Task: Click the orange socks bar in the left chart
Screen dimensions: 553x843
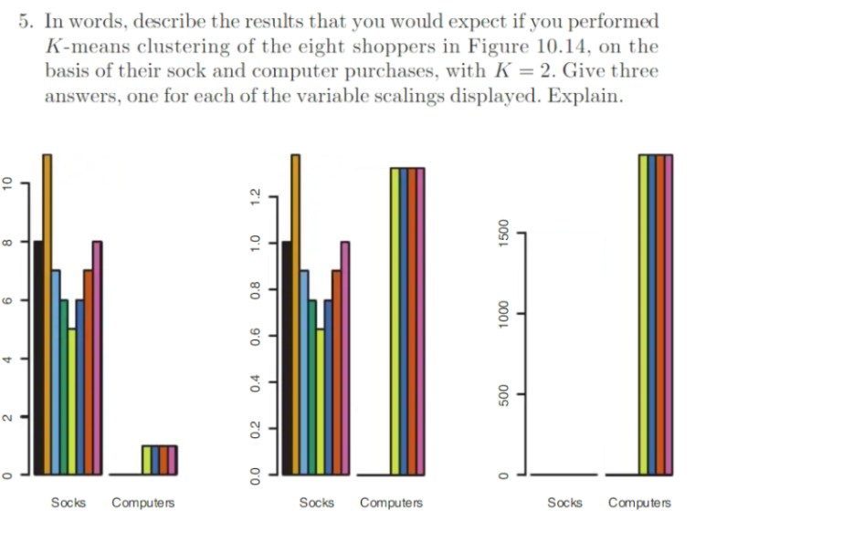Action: [47, 315]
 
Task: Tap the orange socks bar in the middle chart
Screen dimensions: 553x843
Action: [296, 315]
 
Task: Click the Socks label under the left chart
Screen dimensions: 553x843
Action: [68, 503]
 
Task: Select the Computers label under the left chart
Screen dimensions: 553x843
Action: [142, 503]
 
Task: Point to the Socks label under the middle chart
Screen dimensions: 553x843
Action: [316, 503]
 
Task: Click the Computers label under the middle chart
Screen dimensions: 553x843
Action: [391, 503]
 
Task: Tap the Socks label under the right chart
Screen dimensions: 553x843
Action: [564, 503]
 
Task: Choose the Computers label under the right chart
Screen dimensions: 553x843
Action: [639, 503]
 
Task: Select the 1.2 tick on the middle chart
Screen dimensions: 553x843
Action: [257, 196]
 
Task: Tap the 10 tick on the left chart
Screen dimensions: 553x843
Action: [7, 183]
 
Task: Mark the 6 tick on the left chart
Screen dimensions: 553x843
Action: [7, 299]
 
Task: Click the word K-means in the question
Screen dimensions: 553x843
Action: [82, 47]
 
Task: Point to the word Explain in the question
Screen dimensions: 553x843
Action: [585, 97]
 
